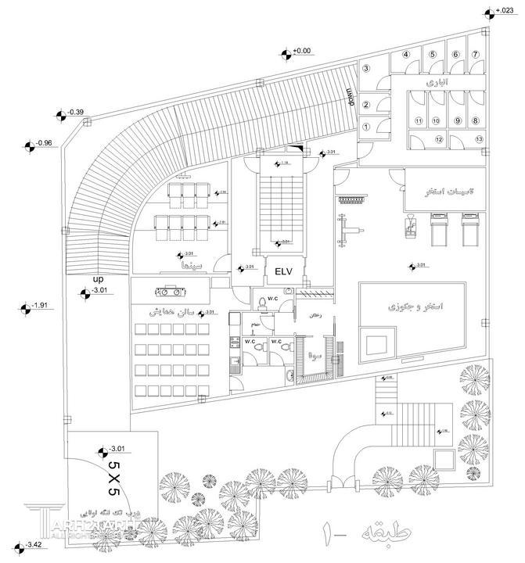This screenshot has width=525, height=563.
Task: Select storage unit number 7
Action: pos(476,54)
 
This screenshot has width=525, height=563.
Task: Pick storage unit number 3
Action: pos(365,69)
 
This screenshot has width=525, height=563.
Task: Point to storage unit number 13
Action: pos(476,138)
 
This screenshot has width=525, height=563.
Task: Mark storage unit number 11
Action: pos(419,120)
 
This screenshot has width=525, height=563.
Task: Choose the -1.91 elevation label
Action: pos(41,306)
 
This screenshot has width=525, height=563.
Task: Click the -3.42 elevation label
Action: pos(33,544)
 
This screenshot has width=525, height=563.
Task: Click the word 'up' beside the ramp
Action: pos(98,279)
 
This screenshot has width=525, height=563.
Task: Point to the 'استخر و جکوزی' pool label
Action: pos(410,307)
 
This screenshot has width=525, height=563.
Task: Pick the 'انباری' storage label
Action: pos(434,82)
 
